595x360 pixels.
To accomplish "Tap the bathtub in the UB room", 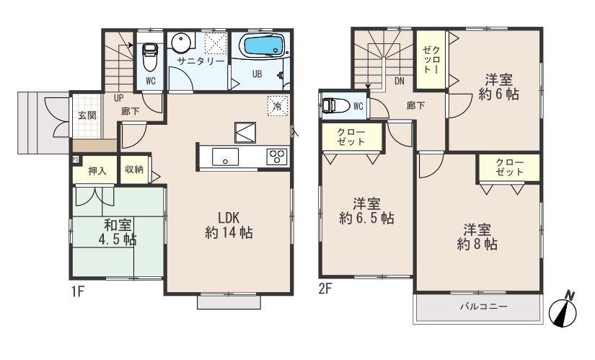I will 264,47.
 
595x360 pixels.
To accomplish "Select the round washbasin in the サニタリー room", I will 182,43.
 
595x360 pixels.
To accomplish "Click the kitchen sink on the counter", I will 224,158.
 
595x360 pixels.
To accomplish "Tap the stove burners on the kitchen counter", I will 277,157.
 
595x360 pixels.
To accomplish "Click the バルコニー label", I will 483,307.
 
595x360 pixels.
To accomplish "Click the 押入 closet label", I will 97,170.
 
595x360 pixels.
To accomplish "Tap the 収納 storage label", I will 134,170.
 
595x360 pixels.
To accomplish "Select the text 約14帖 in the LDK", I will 228,233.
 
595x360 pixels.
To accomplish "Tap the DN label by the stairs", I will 399,81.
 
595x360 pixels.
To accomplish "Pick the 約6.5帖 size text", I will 366,218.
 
